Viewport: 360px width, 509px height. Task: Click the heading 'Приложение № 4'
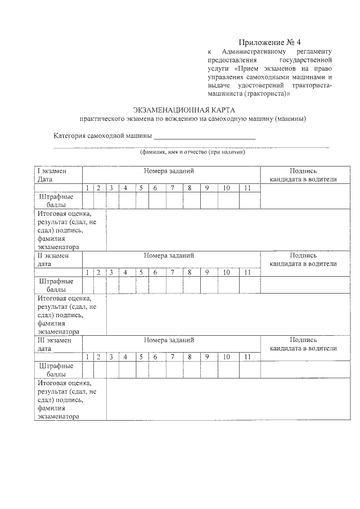click(x=270, y=42)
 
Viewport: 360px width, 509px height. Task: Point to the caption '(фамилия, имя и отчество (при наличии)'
click(x=192, y=152)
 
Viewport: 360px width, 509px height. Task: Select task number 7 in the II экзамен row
click(x=173, y=273)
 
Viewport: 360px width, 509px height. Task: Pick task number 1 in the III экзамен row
click(x=87, y=357)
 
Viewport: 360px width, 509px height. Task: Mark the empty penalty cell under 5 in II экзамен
click(x=141, y=285)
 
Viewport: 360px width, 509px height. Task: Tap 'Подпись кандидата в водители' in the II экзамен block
click(x=303, y=259)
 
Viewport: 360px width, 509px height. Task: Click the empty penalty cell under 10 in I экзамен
click(x=226, y=201)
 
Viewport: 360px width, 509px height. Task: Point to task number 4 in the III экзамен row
click(x=125, y=357)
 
